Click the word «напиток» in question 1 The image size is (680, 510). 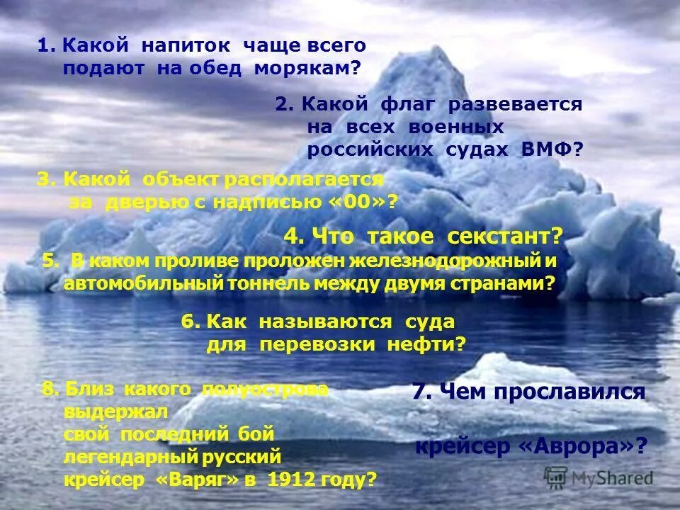186,45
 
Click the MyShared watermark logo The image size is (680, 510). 599,477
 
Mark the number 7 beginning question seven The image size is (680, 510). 418,392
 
